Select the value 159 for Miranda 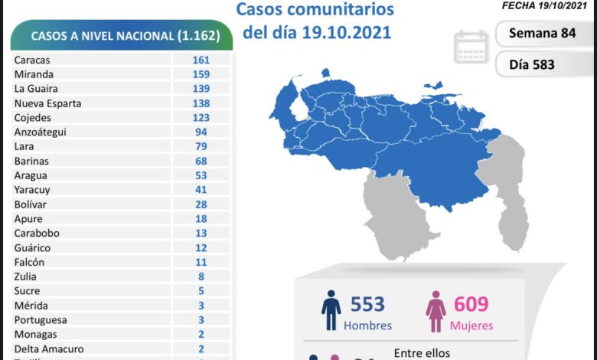click(202, 74)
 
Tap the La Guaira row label click(36, 89)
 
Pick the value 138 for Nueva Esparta click(202, 103)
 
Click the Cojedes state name click(33, 118)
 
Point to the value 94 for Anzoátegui click(202, 132)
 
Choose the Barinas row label click(31, 161)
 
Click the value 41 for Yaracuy click(202, 189)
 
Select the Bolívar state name click(31, 204)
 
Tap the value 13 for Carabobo click(202, 233)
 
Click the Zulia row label click(24, 277)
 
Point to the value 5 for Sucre click(202, 291)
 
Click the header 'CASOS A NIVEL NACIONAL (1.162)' click(125, 36)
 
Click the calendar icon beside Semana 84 click(471, 47)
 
